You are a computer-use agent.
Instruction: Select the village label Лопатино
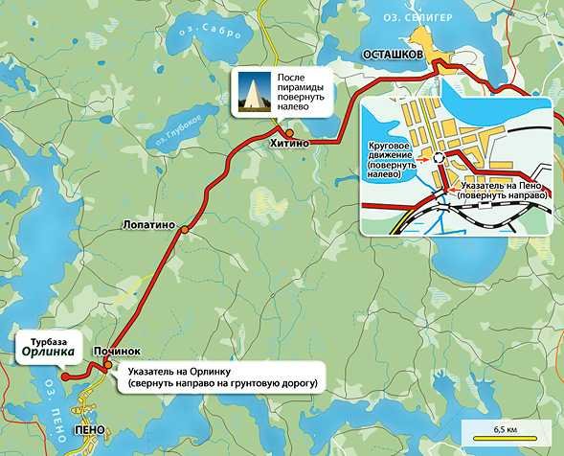[x=150, y=225]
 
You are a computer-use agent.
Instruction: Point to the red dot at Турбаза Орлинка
[x=64, y=376]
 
